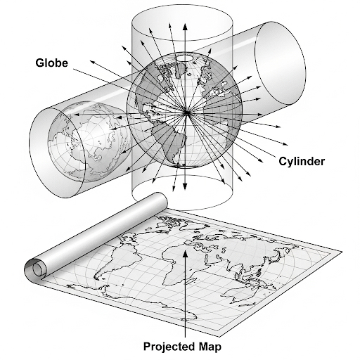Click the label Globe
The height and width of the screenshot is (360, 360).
[52, 63]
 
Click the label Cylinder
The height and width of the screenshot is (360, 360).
[302, 162]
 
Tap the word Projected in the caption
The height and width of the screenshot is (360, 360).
[169, 347]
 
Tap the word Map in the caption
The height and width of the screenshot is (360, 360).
[210, 347]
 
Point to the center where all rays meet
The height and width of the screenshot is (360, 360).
[186, 113]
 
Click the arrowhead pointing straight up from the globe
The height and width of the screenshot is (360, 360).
[185, 27]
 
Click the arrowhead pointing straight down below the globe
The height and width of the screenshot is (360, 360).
[185, 186]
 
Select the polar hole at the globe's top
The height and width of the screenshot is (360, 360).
[185, 58]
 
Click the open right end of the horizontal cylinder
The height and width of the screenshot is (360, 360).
[280, 63]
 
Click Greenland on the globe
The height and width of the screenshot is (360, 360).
[181, 70]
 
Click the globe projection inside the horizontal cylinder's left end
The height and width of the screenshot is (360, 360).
[86, 141]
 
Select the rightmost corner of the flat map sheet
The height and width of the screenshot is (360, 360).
[342, 251]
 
